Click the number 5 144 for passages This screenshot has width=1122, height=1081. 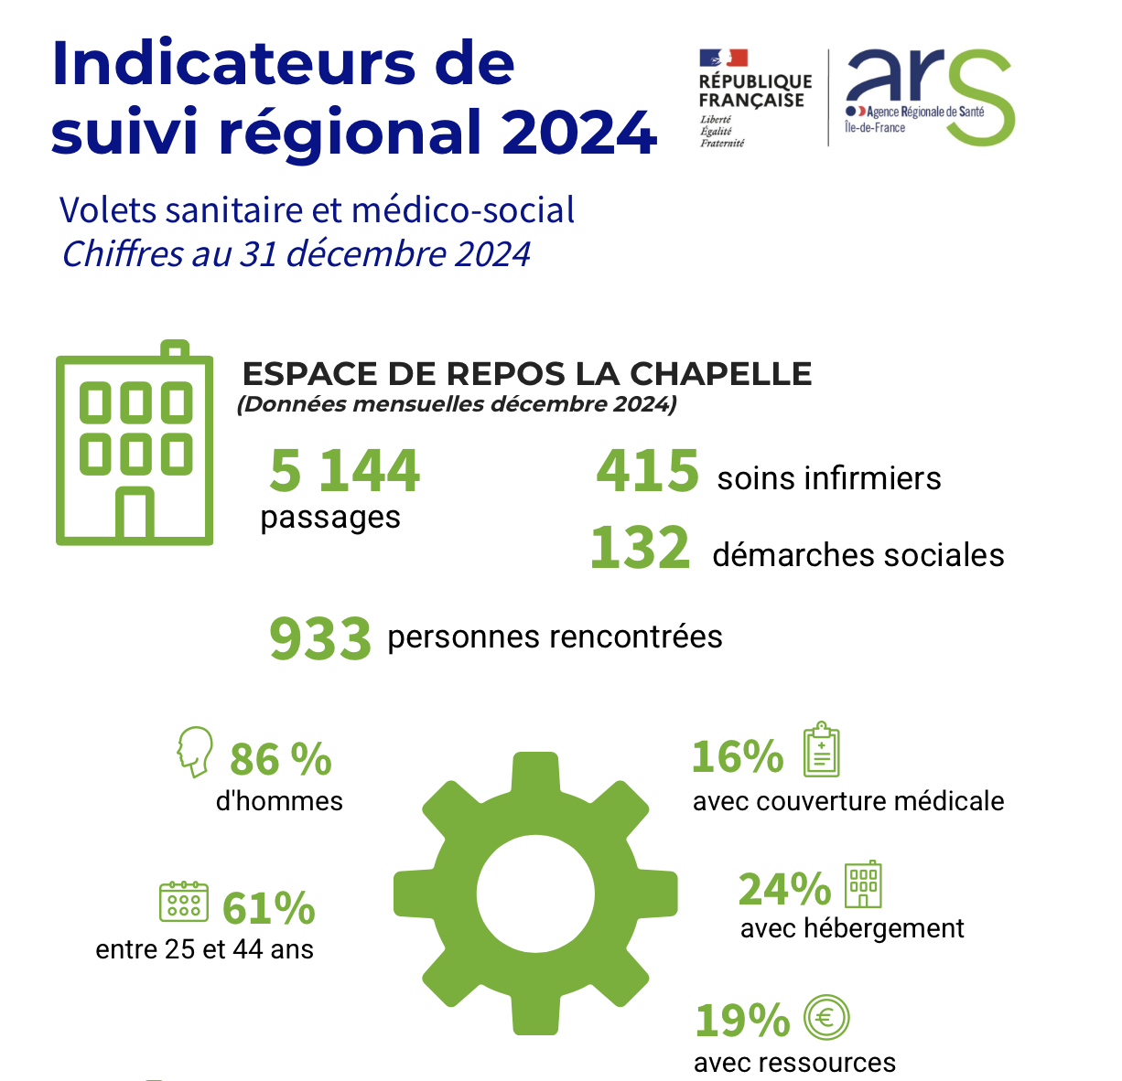(x=345, y=471)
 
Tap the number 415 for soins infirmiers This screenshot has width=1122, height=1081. (x=647, y=471)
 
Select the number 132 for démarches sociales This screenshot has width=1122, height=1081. (x=640, y=549)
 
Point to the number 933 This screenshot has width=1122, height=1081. (x=320, y=638)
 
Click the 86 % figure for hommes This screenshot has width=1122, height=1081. (x=280, y=759)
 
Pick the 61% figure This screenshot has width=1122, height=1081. (x=269, y=908)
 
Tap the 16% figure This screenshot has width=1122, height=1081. (x=738, y=756)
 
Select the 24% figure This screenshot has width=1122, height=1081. (x=784, y=888)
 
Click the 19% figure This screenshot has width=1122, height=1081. (x=742, y=1020)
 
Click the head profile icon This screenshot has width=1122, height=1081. (x=194, y=752)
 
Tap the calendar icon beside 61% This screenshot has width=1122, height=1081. (x=184, y=902)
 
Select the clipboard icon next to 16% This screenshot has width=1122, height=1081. (x=821, y=751)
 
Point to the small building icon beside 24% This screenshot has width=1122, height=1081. (x=863, y=884)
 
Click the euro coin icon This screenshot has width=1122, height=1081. (x=826, y=1017)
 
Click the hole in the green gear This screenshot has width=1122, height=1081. (x=535, y=893)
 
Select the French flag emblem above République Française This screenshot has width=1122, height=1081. (x=724, y=59)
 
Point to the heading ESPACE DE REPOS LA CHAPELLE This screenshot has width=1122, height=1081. (x=527, y=374)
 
